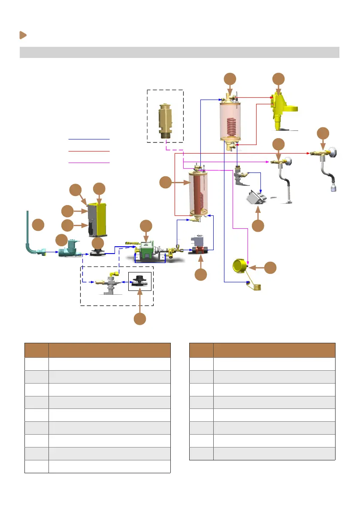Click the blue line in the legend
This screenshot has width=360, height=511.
click(x=89, y=139)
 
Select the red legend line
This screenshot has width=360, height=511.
click(x=89, y=151)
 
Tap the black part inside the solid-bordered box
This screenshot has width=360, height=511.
click(x=140, y=281)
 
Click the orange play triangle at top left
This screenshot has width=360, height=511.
click(x=23, y=35)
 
